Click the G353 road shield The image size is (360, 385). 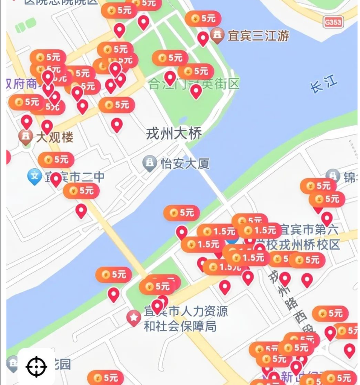click(x=333, y=22)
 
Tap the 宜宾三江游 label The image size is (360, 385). click(x=258, y=36)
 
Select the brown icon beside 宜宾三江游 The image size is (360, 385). click(x=217, y=35)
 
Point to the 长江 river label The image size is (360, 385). click(x=324, y=85)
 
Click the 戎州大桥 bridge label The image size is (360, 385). click(x=174, y=134)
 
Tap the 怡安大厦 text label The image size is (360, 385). click(x=184, y=163)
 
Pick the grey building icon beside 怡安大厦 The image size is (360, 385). click(x=150, y=163)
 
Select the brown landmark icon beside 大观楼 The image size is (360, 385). click(x=26, y=137)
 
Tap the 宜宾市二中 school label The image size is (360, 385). click(x=75, y=177)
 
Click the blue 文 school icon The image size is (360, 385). click(x=34, y=176)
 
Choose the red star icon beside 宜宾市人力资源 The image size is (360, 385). click(x=133, y=317)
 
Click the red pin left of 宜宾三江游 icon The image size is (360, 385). click(x=203, y=38)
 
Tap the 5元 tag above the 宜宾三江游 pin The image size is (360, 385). click(x=203, y=19)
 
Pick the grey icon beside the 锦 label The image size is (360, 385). click(x=333, y=176)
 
